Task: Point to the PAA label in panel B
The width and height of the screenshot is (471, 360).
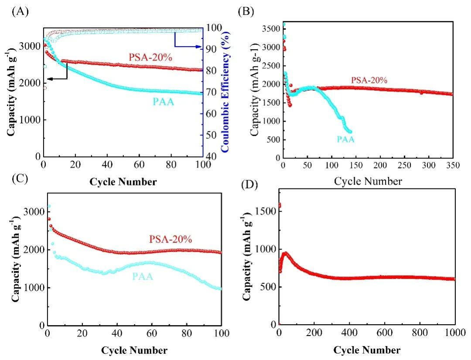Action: tap(345, 140)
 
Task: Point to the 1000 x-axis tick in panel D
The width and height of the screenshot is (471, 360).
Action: tap(454, 332)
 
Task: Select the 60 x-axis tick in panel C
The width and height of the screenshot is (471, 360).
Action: tap(152, 334)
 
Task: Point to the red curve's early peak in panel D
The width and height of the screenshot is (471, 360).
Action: tap(285, 253)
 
